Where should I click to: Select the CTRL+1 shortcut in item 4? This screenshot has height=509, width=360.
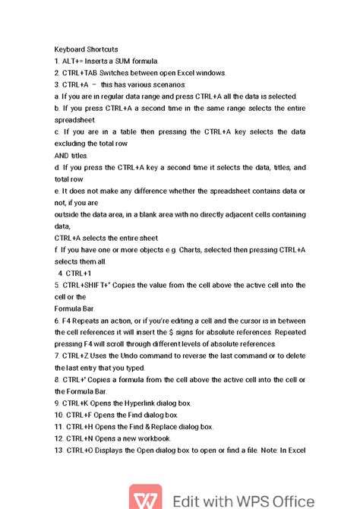[79, 273]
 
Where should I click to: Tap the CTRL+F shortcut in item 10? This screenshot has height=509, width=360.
[83, 415]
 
